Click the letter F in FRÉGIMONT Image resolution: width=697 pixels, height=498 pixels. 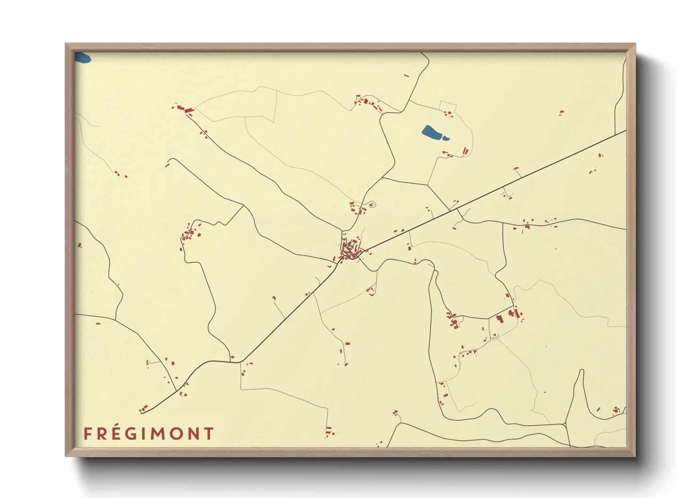(x=88, y=434)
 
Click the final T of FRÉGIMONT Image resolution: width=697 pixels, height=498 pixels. (x=209, y=434)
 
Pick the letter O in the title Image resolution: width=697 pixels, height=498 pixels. (x=178, y=434)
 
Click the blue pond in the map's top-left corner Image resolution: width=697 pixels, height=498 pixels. (x=82, y=58)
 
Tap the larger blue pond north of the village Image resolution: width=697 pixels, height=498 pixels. (x=433, y=133)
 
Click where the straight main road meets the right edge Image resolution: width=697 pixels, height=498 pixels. (x=625, y=131)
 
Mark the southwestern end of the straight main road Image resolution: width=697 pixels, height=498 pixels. (x=142, y=413)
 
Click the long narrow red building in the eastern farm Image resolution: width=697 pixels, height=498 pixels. (x=517, y=312)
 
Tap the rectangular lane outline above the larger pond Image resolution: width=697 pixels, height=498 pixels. (x=448, y=106)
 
